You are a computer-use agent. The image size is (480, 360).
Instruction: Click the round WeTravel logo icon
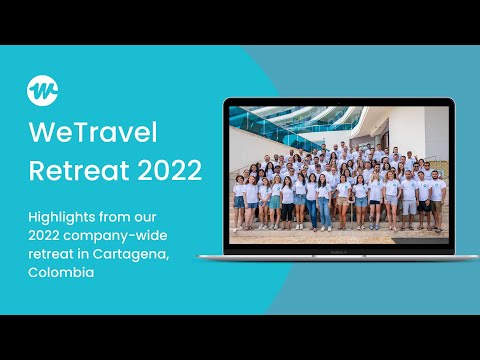42,91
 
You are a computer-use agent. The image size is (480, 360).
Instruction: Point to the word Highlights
61,217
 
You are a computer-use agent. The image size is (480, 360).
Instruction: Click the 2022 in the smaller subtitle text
45,235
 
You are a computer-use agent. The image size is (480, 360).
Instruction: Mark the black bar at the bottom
240,337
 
